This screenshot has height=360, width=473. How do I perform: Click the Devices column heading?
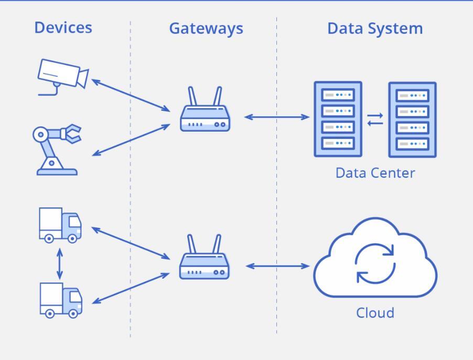click(x=63, y=28)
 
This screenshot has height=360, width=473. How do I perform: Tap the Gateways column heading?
click(x=206, y=29)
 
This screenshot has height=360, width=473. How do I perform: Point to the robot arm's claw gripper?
click(x=71, y=133)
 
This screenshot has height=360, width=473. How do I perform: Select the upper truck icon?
click(x=60, y=225)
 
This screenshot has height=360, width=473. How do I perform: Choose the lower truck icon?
click(x=61, y=300)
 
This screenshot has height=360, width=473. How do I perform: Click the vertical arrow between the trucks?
click(x=60, y=264)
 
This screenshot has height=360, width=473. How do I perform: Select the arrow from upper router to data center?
click(x=277, y=117)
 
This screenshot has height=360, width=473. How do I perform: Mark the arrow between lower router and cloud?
click(x=277, y=266)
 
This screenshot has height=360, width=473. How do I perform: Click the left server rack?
click(x=338, y=119)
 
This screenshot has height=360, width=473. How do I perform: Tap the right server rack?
click(x=412, y=120)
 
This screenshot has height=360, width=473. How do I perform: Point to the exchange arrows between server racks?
click(x=375, y=119)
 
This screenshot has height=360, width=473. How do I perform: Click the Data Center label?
click(x=375, y=173)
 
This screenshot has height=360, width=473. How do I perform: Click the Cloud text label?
click(x=375, y=313)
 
